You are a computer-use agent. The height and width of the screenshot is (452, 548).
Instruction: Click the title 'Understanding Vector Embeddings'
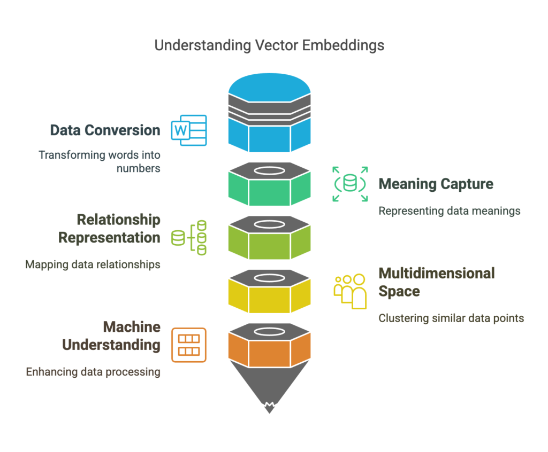pos(269,45)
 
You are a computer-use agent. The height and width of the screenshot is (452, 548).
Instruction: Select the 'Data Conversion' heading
pos(105,130)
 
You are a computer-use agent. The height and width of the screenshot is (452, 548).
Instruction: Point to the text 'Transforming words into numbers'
pos(99,161)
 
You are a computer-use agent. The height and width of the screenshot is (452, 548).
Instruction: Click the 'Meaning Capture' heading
pos(436,184)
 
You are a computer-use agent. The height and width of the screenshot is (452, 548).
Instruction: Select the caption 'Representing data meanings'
pos(449,211)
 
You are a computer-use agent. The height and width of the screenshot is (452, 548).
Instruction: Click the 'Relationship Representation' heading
pos(109,229)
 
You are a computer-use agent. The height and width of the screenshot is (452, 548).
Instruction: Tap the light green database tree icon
pos(189,237)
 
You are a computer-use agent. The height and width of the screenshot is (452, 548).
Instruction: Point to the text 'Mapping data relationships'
pos(93,264)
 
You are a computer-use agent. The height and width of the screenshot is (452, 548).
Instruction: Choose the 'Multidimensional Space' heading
pos(436,282)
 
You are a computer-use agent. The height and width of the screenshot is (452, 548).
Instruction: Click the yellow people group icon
pos(350,291)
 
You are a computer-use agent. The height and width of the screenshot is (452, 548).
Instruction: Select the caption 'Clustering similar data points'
pos(451,318)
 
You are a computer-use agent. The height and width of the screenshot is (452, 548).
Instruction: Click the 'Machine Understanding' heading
pos(111,336)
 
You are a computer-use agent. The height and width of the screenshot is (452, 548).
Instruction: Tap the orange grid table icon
pos(188,345)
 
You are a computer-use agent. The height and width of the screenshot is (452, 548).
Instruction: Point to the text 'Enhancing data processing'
pos(93,371)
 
